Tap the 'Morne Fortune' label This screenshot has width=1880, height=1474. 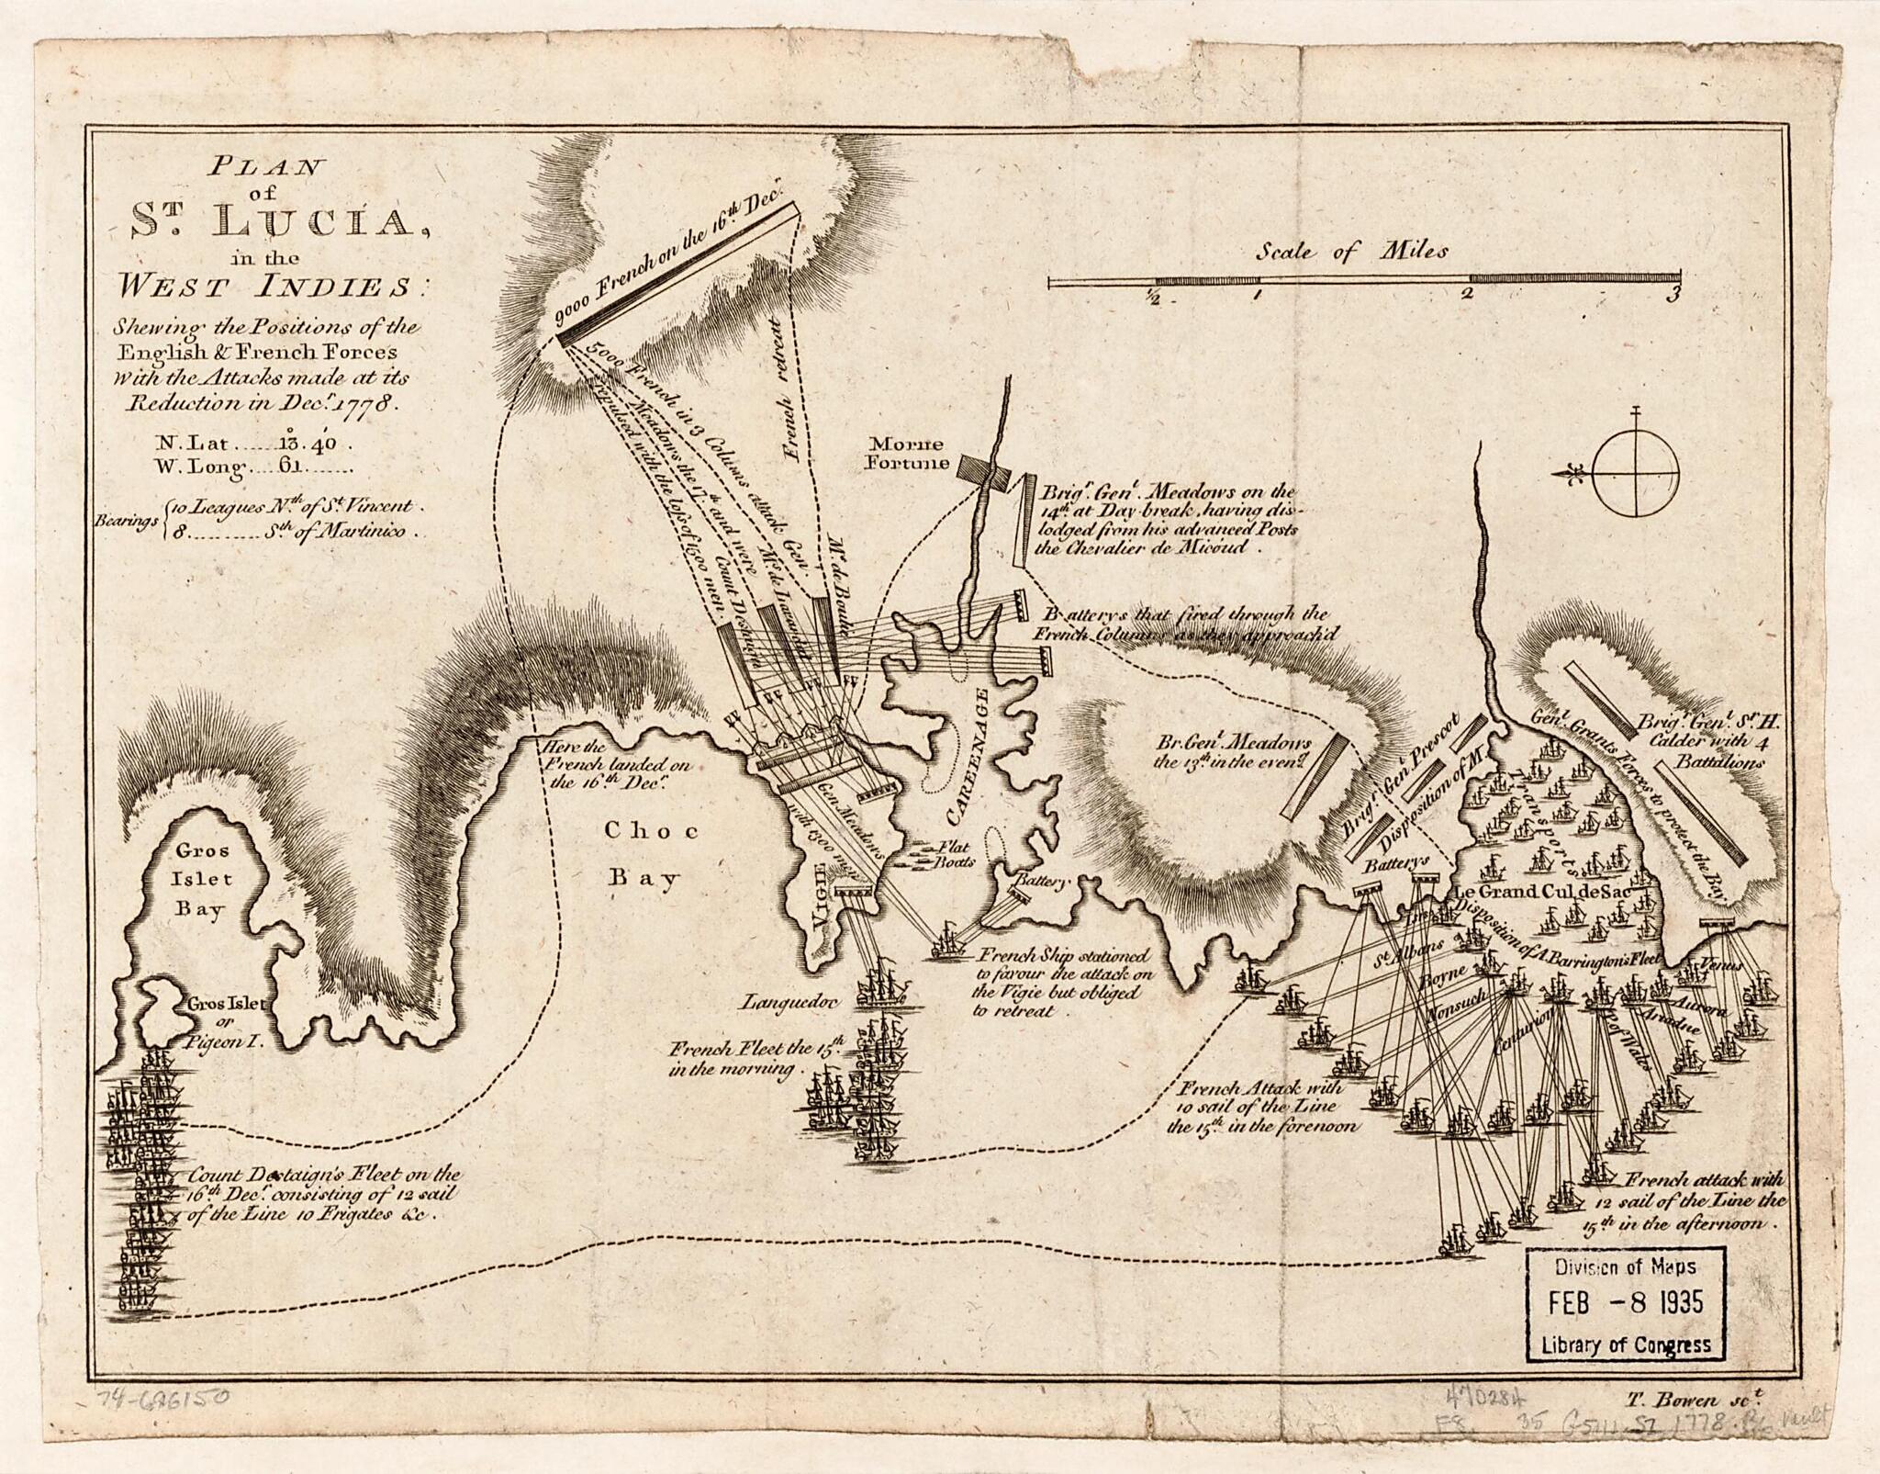[x=909, y=455]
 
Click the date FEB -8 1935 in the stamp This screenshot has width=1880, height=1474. [x=1626, y=1302]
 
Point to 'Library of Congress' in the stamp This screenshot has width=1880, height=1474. [x=1626, y=1345]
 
